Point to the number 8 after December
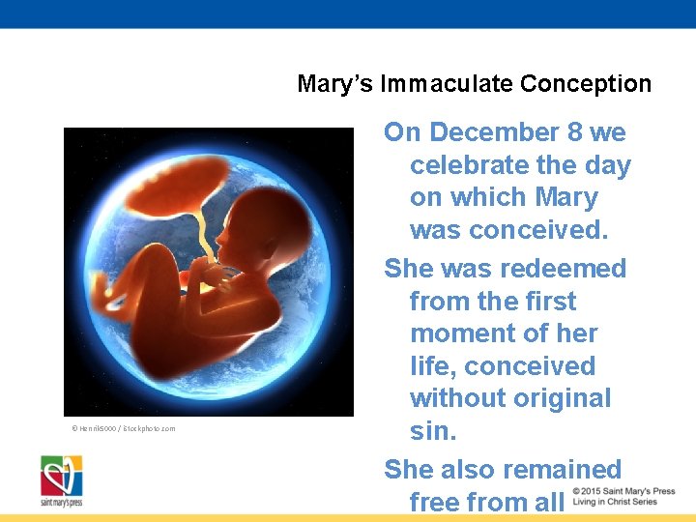click(586, 132)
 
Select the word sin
click(432, 431)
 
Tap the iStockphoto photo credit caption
click(123, 428)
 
